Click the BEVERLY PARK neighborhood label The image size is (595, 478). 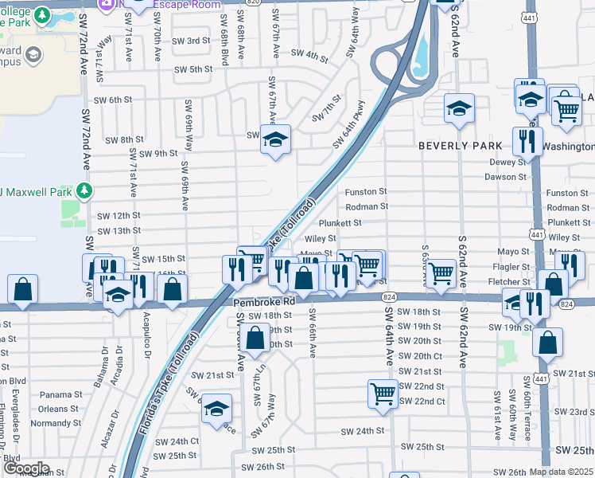coord(461,146)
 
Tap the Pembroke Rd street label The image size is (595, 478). coord(264,303)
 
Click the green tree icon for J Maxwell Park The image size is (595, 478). coord(81,191)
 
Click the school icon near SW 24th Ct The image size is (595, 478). coord(216,409)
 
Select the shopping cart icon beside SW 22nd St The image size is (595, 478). coord(383,393)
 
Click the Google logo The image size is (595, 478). coord(25,468)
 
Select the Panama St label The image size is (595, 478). coord(56,394)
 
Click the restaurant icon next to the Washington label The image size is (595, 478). coord(527,140)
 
